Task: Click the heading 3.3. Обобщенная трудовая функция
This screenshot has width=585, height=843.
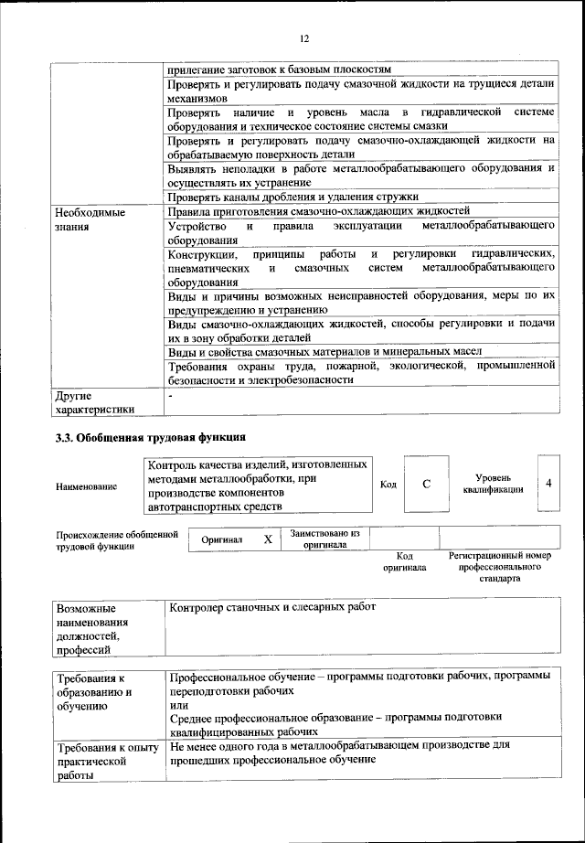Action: point(151,436)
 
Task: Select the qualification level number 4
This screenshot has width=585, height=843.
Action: point(548,482)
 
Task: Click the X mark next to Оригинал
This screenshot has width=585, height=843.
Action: point(268,539)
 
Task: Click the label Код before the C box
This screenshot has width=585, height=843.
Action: point(388,484)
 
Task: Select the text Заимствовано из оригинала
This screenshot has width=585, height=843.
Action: point(324,539)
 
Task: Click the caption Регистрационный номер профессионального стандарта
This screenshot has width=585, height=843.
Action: point(497,567)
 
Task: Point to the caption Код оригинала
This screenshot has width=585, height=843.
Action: point(405,561)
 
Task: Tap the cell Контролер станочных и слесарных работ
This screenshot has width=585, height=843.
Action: point(272,607)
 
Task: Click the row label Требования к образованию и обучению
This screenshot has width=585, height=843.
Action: point(95,692)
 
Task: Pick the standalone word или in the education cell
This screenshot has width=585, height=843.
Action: point(178,706)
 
